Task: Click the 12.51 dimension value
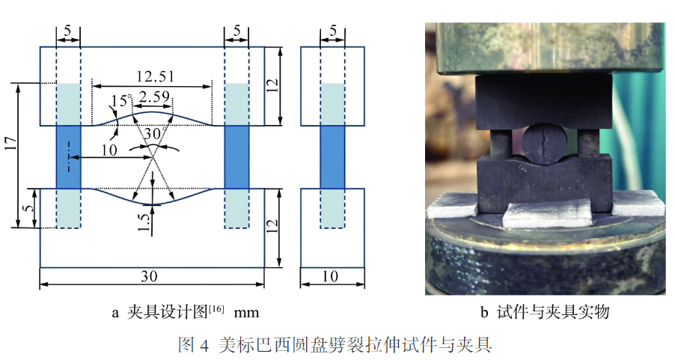tap(152, 76)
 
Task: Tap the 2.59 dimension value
tap(153, 96)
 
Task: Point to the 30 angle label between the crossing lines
tap(153, 132)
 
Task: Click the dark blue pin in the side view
tap(332, 156)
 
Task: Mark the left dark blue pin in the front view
tap(68, 156)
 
